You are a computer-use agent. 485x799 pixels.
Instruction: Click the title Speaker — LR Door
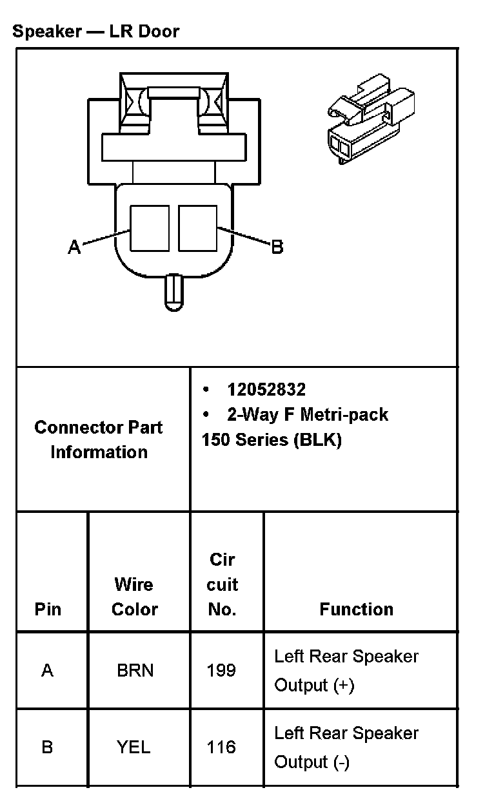95,31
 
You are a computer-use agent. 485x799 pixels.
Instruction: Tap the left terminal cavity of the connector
150,228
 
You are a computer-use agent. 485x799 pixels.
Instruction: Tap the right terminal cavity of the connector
197,228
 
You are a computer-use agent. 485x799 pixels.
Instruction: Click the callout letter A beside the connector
75,247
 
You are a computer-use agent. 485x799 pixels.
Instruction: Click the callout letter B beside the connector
277,247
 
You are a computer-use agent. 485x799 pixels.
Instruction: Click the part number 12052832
266,389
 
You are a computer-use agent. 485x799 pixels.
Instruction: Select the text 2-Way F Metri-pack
307,414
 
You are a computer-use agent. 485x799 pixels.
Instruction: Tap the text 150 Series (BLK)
272,440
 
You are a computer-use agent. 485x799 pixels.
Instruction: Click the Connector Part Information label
99,439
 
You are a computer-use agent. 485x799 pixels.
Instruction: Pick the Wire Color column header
134,597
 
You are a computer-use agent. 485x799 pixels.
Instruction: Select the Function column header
356,609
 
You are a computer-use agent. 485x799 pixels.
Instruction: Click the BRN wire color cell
135,670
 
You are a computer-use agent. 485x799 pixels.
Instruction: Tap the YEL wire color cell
134,747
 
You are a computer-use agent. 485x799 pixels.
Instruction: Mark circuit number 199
221,670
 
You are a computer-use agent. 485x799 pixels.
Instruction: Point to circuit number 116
221,747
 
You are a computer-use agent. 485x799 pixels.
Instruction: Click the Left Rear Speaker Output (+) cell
346,670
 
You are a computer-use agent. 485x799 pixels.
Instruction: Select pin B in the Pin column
47,747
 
